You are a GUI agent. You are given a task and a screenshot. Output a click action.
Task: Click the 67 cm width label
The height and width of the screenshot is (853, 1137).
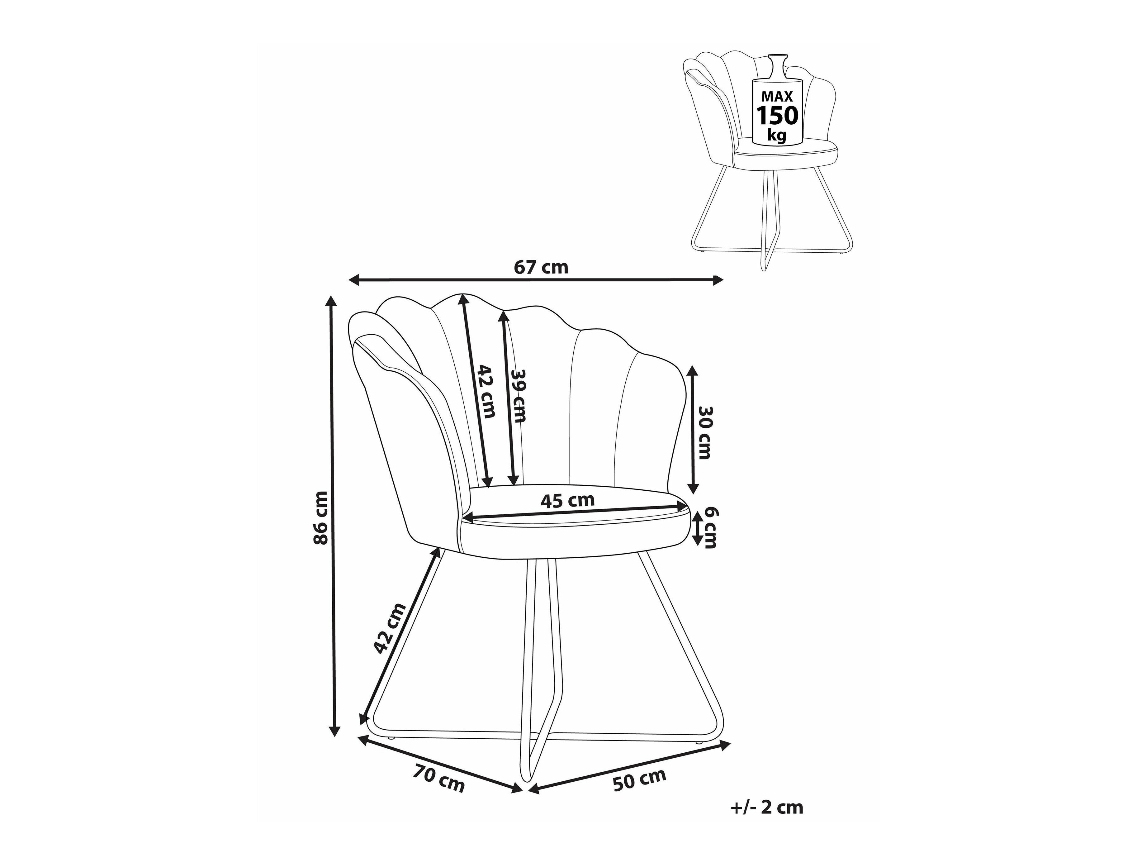point(541,267)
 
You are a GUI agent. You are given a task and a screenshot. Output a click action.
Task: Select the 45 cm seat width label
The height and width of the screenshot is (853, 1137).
point(567,500)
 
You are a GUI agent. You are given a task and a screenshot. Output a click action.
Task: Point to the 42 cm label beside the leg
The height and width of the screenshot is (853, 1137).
point(390,628)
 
